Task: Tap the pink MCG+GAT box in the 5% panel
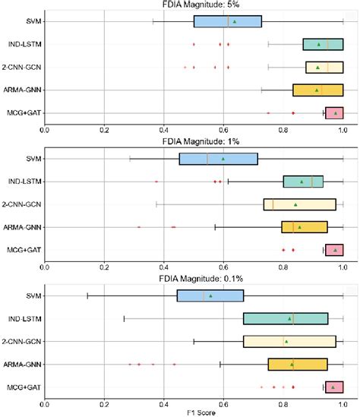pyautogui.click(x=334, y=113)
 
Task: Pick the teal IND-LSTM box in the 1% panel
pyautogui.click(x=303, y=182)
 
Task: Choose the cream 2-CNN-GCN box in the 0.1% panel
pyautogui.click(x=289, y=342)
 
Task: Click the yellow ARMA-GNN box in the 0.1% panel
pyautogui.click(x=298, y=365)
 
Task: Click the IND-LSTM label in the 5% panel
pyautogui.click(x=24, y=44)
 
